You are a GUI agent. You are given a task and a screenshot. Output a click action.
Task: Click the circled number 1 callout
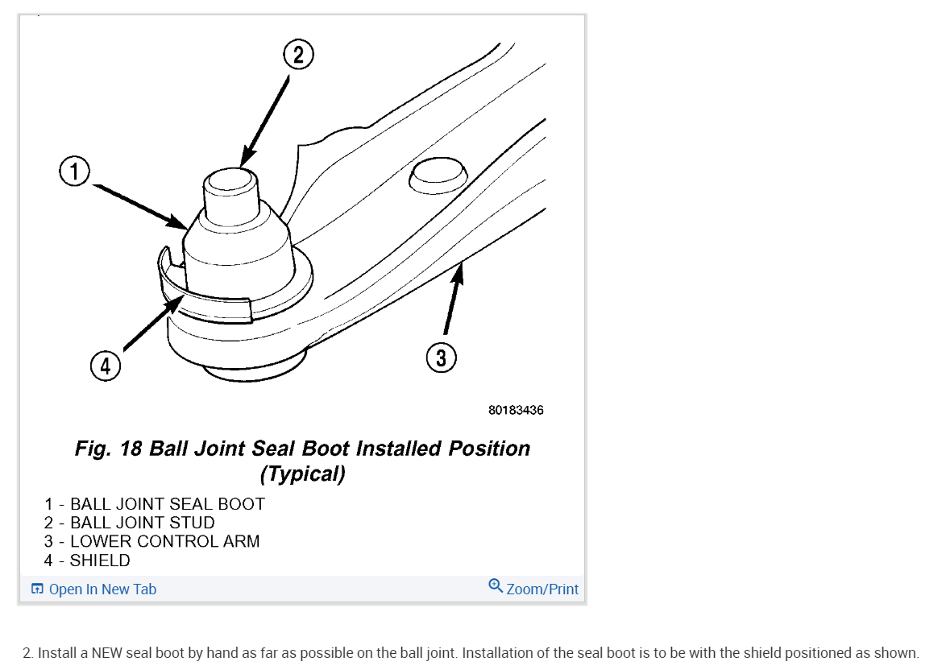74,172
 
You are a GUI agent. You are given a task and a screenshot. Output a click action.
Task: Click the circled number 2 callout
297,55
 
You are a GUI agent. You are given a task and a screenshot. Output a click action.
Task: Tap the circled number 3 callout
441,357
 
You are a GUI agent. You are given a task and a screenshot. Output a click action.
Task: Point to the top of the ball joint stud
230,178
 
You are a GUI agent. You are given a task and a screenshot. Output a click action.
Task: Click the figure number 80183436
516,410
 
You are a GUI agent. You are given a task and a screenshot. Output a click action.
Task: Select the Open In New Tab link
102,589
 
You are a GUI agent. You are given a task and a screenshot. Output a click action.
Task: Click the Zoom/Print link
542,589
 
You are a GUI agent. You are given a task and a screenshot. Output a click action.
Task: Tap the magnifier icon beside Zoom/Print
496,585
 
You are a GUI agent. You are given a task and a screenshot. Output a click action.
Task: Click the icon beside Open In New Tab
37,589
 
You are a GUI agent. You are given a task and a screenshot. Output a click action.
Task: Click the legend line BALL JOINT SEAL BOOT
155,504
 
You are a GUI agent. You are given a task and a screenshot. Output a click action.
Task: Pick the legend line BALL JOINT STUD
130,523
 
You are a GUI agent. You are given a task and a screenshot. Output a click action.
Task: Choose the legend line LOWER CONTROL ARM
152,541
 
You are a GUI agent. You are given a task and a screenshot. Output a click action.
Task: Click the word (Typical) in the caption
302,474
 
